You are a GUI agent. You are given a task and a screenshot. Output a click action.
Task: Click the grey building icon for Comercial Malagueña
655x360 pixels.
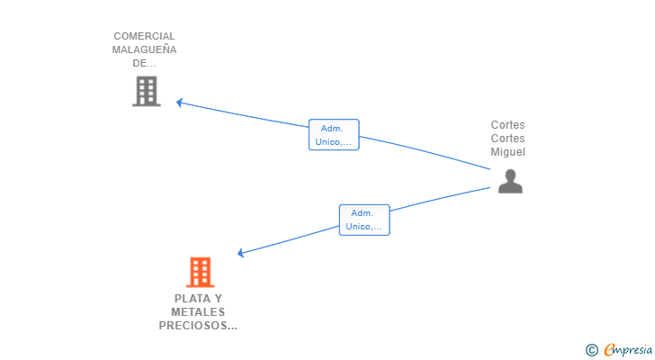pyautogui.click(x=147, y=91)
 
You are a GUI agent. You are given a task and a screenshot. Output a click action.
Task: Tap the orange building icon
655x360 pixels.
pyautogui.click(x=200, y=273)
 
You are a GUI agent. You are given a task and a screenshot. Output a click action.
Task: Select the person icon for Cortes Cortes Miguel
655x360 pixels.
pyautogui.click(x=510, y=181)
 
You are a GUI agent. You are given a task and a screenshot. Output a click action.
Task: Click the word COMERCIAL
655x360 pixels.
pyautogui.click(x=144, y=36)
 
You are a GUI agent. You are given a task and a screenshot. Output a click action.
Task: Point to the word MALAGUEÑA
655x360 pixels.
pyautogui.click(x=144, y=49)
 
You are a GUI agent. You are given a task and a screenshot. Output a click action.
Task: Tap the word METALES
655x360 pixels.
pyautogui.click(x=198, y=312)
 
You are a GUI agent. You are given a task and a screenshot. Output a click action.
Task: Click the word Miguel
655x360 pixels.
pyautogui.click(x=508, y=152)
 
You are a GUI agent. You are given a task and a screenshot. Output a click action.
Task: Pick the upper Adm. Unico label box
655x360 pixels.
pyautogui.click(x=334, y=134)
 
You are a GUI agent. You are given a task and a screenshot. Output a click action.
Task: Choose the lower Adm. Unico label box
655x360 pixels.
pyautogui.click(x=364, y=220)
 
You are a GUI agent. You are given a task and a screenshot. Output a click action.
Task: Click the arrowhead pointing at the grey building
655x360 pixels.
pyautogui.click(x=179, y=103)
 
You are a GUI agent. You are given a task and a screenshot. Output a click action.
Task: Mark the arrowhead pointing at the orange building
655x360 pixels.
pyautogui.click(x=240, y=253)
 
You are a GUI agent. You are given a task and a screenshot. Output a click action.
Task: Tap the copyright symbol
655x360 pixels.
pyautogui.click(x=591, y=350)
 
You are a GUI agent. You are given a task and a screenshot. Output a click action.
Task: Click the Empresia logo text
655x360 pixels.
pyautogui.click(x=628, y=350)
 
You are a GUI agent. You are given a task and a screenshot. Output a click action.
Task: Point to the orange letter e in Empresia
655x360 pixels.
pyautogui.click(x=609, y=349)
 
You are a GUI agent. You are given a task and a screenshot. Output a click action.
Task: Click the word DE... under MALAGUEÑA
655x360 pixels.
pyautogui.click(x=144, y=63)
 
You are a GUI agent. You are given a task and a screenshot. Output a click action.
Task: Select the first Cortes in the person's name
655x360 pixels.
pyautogui.click(x=508, y=125)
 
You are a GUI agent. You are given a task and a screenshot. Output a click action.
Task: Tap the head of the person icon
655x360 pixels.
pyautogui.click(x=510, y=175)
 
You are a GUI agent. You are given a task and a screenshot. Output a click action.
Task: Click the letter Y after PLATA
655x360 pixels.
pyautogui.click(x=219, y=299)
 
